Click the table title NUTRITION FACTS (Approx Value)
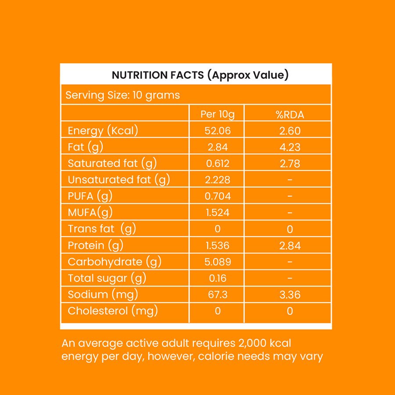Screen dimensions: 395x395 (200, 75)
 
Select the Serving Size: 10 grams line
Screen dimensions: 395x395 (122, 95)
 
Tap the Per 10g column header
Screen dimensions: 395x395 (217, 115)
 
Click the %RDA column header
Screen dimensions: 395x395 (290, 115)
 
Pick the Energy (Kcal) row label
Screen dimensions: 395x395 (103, 130)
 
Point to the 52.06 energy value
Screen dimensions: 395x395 (217, 131)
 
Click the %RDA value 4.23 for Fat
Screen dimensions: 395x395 (290, 147)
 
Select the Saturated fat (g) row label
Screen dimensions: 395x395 (112, 163)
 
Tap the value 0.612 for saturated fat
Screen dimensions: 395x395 (217, 164)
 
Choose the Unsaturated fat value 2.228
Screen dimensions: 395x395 (217, 180)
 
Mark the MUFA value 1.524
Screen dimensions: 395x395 (217, 213)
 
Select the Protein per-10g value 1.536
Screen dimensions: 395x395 (217, 245)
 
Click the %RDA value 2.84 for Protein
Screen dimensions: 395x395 (290, 245)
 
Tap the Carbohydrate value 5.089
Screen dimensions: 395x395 (217, 262)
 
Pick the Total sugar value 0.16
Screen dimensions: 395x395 (217, 278)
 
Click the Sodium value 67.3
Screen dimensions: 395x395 (217, 294)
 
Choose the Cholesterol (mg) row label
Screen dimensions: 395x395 (113, 311)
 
